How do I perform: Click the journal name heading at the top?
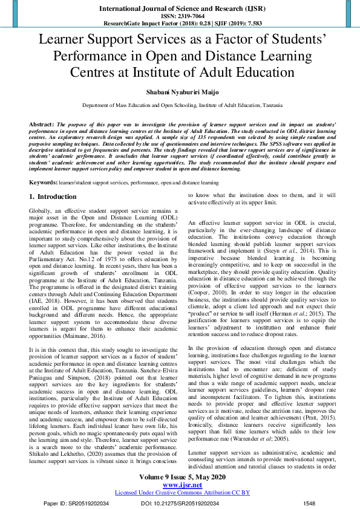coord(180,10)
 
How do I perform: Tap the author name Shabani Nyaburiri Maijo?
coord(180,91)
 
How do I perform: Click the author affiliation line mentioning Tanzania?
coord(180,105)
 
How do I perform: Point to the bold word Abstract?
coord(42,123)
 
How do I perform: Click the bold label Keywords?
coord(44,182)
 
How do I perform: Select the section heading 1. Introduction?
coord(54,197)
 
